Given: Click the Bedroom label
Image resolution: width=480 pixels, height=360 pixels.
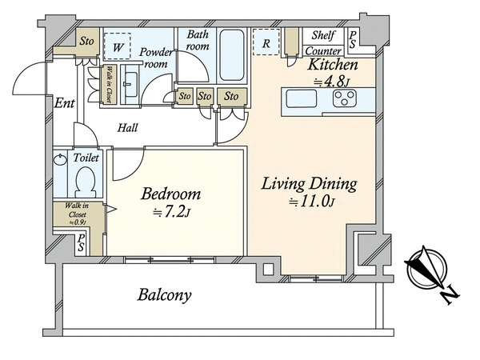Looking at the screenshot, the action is point(171,194).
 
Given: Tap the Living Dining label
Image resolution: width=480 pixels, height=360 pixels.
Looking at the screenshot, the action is point(309,184).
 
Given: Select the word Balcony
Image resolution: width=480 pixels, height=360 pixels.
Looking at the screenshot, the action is point(164,294).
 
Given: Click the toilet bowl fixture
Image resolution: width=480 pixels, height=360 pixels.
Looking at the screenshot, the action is point(85,182).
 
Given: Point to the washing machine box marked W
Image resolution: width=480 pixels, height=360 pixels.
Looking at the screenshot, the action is point(118,46).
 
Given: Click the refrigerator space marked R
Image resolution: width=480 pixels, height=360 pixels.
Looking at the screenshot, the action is point(266,42).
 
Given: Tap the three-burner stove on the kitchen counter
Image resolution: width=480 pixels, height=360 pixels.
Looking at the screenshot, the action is point(345,98).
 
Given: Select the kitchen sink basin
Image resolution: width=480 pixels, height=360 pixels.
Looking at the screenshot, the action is point(302,98).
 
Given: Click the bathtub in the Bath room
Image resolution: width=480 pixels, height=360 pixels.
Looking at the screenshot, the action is point(232,55).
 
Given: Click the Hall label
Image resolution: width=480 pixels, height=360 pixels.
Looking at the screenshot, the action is point(128,127).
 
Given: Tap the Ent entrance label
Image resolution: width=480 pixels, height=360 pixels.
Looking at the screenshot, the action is point(64,103).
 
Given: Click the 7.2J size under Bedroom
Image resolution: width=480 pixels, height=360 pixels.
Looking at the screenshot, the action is point(172,213).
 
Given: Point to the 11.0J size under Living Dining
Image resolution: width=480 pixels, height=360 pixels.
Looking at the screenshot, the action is point(312,202).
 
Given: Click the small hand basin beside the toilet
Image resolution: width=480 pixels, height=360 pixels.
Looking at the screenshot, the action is point(60,159).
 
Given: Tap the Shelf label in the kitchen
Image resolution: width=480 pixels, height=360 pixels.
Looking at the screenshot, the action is point(323,35).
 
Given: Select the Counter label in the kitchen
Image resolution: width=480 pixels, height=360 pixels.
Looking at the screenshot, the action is point(323,50).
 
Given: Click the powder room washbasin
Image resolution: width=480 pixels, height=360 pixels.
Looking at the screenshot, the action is point(131,85).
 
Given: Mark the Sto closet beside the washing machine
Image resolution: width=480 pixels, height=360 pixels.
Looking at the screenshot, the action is point(87,41).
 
